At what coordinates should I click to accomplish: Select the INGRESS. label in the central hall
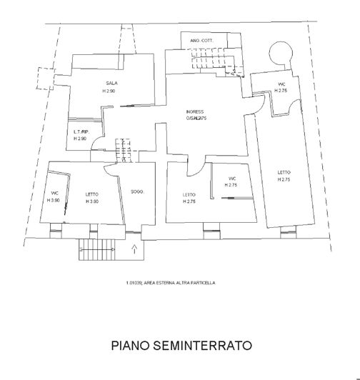click(x=195, y=112)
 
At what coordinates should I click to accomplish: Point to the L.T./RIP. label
click(x=80, y=132)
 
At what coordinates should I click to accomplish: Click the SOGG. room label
click(x=137, y=191)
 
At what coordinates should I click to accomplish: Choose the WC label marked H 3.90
click(x=54, y=194)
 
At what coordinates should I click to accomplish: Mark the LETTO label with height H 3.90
click(x=91, y=194)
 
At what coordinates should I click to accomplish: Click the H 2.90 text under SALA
click(x=109, y=91)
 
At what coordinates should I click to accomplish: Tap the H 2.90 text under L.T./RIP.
click(x=80, y=139)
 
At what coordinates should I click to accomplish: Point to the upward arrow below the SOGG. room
click(x=135, y=249)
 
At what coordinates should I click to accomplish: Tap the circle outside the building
click(x=279, y=53)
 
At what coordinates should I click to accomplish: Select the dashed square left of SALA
click(x=44, y=76)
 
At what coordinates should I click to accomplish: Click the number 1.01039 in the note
click(x=134, y=283)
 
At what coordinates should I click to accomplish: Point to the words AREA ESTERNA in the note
click(x=162, y=283)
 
